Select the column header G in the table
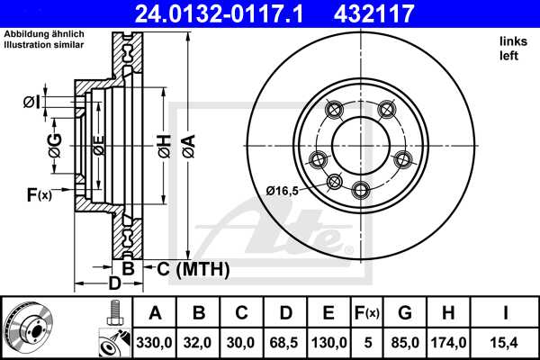tap(405, 313)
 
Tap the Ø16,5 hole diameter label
tap(283, 190)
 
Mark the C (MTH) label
tap(193, 268)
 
